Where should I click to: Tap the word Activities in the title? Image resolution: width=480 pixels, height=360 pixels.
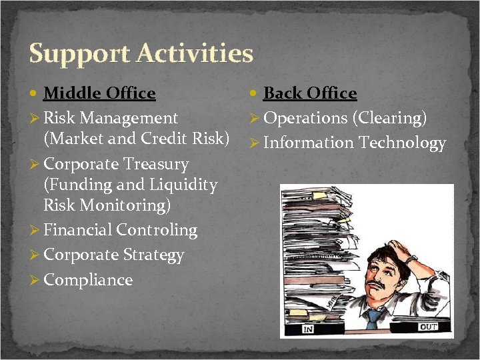pos(194,53)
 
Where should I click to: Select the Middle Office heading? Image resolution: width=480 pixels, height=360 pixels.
pos(99,93)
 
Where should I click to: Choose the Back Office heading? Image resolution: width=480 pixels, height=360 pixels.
pos(310,93)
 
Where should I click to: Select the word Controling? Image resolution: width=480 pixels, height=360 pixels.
pos(157,230)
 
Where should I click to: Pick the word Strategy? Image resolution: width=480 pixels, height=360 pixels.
pos(153,255)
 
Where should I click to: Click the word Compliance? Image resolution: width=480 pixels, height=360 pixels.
pos(88,280)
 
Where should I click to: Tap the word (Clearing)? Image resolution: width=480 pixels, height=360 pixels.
pos(389,118)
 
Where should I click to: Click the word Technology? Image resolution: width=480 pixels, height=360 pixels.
pos(402,143)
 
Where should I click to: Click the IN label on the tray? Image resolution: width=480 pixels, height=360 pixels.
pos(309,329)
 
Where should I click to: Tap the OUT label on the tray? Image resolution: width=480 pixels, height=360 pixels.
pos(428,327)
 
